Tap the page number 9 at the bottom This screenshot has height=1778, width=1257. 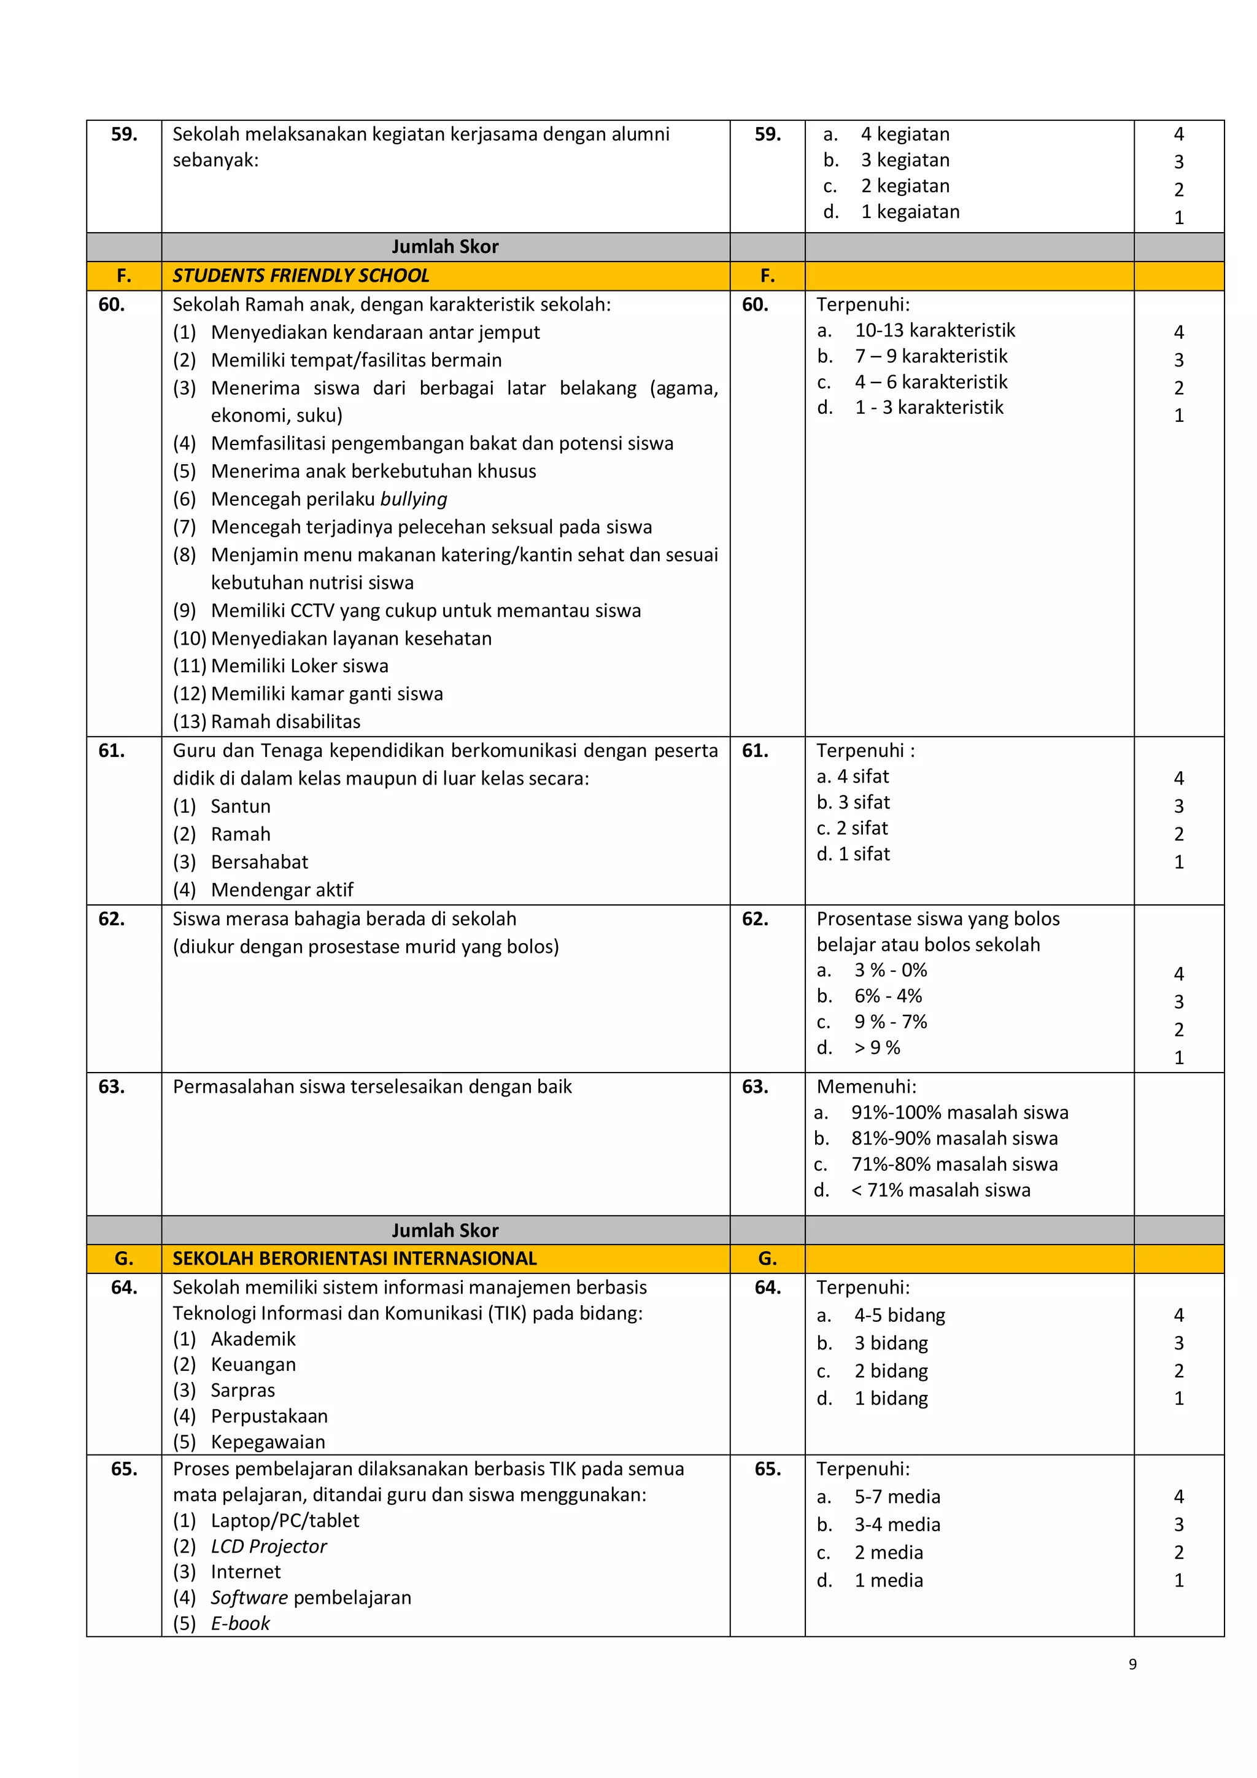(x=1132, y=1664)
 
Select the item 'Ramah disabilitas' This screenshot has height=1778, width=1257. (x=285, y=722)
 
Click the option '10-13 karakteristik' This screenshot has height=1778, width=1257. (x=934, y=331)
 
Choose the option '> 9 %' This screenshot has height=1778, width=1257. (x=877, y=1048)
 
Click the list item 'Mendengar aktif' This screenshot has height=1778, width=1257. (x=282, y=890)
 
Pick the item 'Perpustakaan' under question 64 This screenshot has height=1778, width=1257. (x=269, y=1416)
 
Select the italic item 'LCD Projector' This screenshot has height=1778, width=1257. (x=269, y=1547)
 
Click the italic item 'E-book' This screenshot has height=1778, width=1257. (x=240, y=1623)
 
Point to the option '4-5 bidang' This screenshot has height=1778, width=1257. (x=899, y=1315)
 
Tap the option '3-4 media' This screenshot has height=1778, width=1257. (x=897, y=1525)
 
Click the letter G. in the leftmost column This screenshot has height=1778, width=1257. (x=124, y=1259)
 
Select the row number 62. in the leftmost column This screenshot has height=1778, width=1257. (x=112, y=919)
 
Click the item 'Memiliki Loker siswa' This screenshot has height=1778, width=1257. (x=299, y=666)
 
